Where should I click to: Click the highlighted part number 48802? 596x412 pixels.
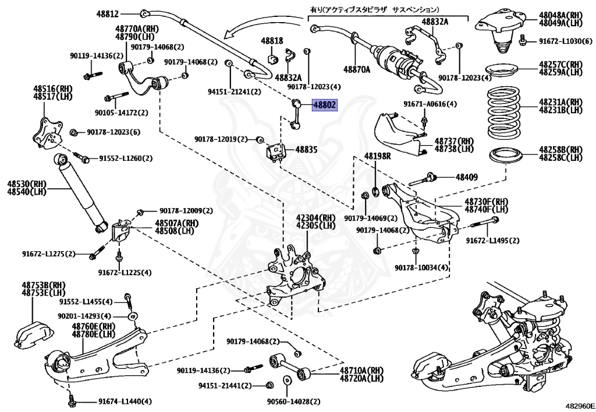pos(325,105)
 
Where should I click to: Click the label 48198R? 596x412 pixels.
pos(378,156)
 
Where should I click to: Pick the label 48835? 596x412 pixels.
pos(306,150)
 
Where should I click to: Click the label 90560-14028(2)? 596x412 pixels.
pos(294,402)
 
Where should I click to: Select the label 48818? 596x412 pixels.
pos(272,41)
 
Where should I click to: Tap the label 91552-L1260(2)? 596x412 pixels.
pos(125,158)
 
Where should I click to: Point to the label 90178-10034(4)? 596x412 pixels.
pos(421,267)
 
